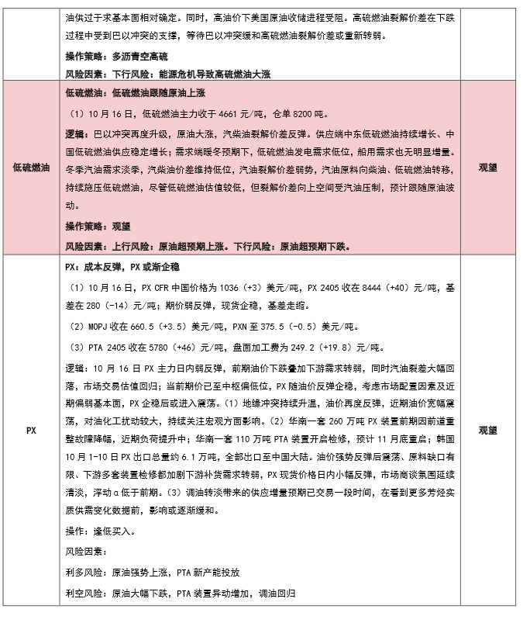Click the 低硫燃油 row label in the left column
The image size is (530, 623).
tap(32, 168)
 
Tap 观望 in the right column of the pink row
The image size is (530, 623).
tap(489, 168)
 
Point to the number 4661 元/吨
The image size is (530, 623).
tap(231, 111)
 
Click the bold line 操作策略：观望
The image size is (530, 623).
tap(98, 226)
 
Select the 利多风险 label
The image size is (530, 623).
tap(84, 573)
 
